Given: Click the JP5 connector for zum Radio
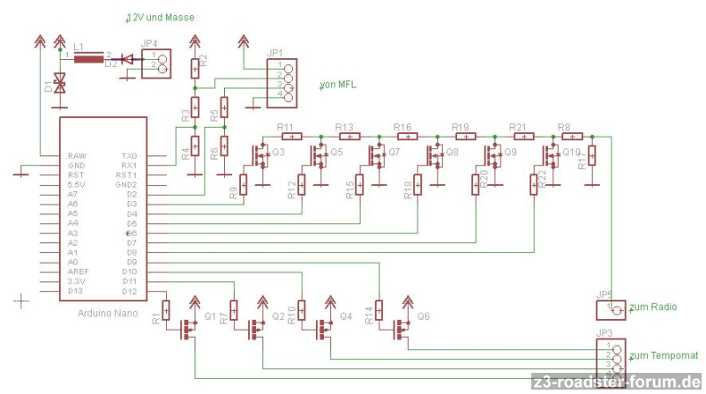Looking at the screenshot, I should point(611,309).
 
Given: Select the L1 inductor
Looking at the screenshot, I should point(86,59).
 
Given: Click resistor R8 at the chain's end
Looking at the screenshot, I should point(571,136).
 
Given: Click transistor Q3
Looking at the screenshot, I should point(262,156).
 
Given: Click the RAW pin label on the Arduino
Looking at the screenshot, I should point(77,156).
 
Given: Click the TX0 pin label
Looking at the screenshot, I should point(129,156).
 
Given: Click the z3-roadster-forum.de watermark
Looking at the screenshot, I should point(617,383).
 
